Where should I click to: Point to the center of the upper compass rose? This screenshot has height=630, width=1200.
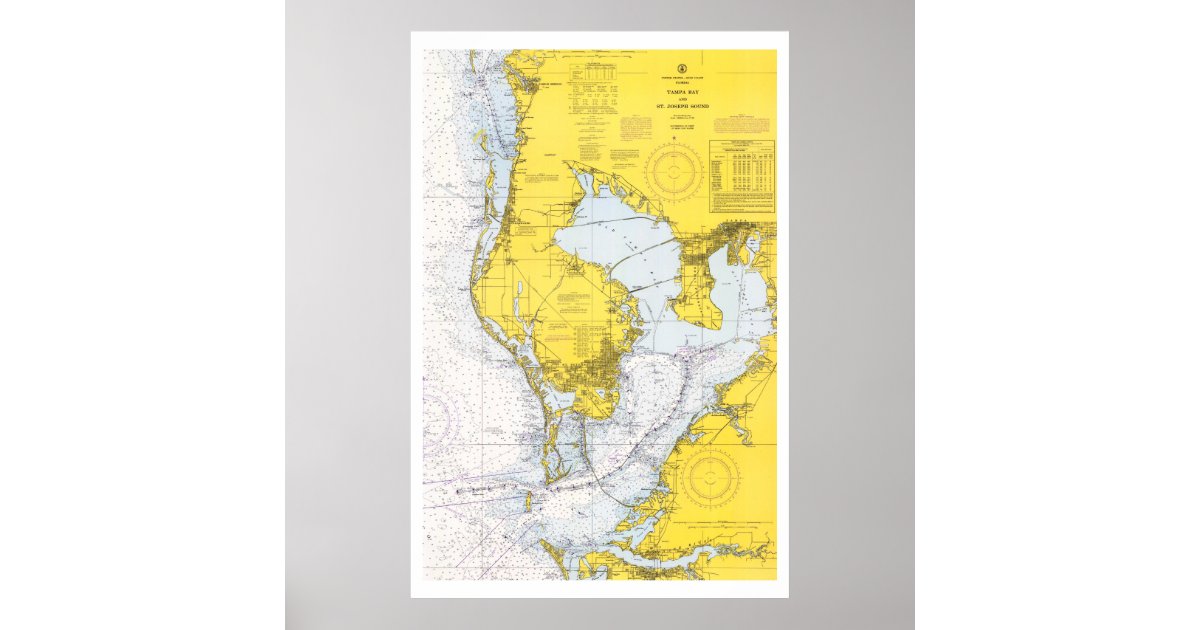click(674, 171)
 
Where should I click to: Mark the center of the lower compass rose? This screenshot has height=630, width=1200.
click(709, 478)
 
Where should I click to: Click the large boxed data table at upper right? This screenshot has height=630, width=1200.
click(742, 177)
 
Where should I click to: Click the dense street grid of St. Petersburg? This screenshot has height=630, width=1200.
click(585, 375)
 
